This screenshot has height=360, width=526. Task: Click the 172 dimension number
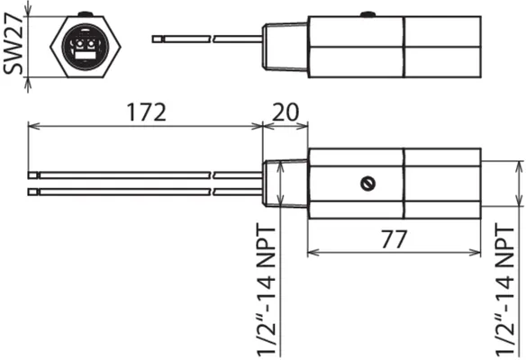(146, 112)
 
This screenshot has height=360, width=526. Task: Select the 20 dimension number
(286, 112)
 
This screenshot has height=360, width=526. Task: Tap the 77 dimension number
(394, 239)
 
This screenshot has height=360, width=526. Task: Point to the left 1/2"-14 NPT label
(267, 291)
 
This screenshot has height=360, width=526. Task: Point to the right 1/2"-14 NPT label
(505, 291)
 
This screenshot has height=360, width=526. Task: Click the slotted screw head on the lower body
(367, 184)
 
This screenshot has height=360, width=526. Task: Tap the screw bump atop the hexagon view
(86, 14)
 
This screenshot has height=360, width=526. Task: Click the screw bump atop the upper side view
(368, 14)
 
